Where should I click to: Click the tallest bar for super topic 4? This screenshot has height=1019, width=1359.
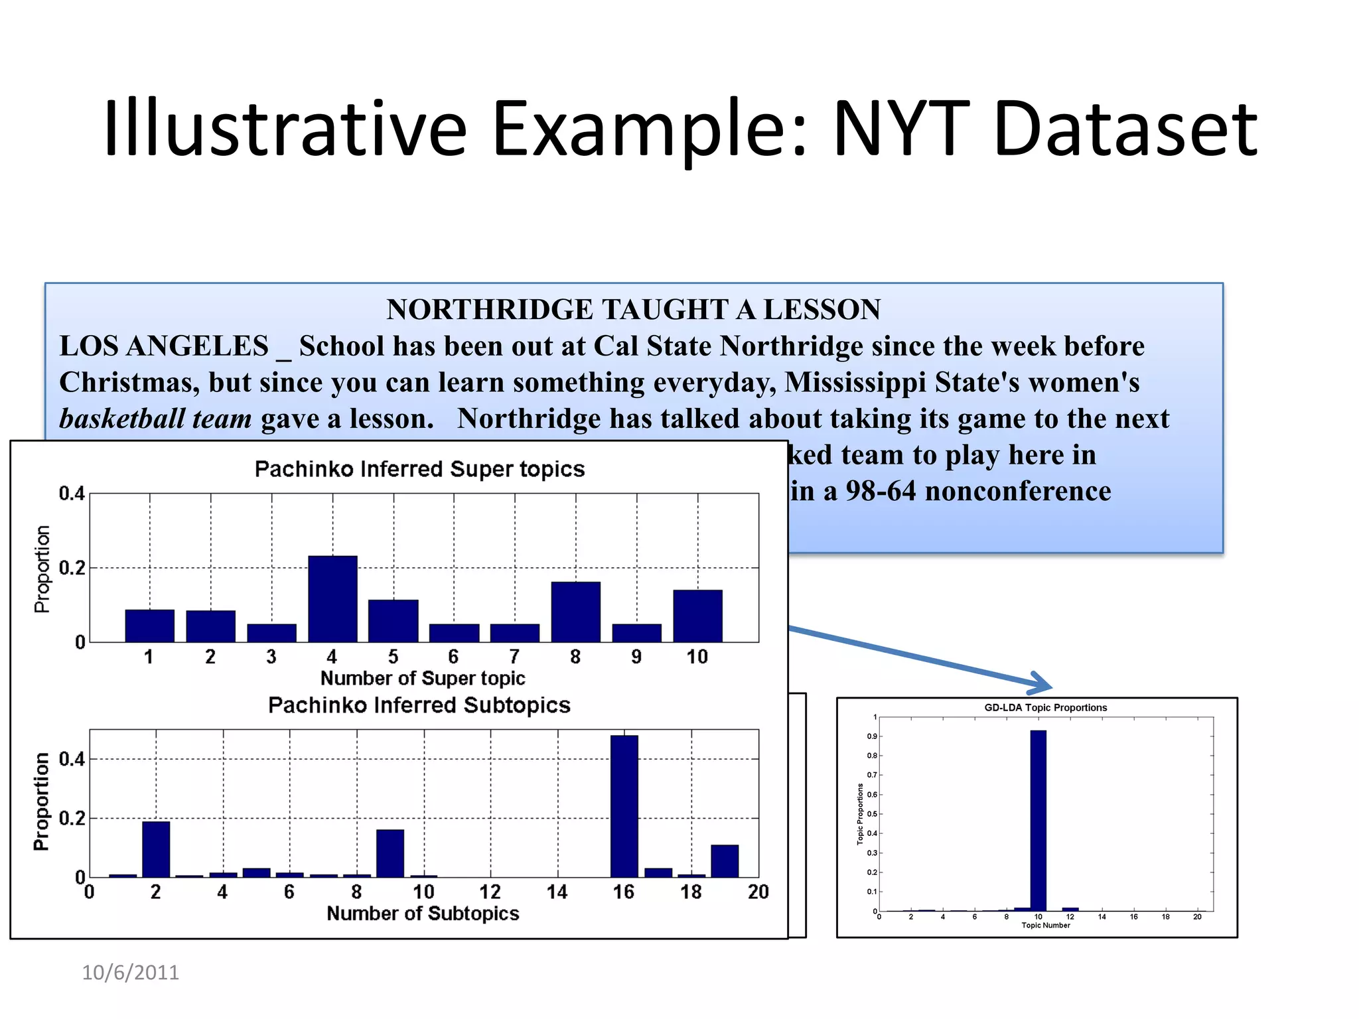point(332,598)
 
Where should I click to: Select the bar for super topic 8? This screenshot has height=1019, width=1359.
point(575,612)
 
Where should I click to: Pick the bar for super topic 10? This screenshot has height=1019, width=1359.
point(697,616)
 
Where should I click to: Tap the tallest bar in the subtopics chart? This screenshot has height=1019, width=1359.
point(624,806)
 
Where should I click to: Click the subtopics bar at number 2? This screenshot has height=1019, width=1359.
point(156,849)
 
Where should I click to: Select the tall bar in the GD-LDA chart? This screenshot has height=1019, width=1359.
point(1038,821)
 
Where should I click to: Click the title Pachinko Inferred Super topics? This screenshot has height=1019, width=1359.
point(419,469)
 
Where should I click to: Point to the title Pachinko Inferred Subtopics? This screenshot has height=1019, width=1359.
point(419,705)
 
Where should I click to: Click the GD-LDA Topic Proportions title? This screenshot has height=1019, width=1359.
point(1045,708)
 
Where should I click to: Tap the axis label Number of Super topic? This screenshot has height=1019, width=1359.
point(423,678)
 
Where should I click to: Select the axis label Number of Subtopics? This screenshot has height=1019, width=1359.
point(423,914)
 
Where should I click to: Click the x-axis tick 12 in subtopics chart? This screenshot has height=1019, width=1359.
point(490,892)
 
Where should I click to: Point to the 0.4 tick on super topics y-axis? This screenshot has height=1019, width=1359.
point(72,494)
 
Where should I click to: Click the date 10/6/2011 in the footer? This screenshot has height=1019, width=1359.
point(130,973)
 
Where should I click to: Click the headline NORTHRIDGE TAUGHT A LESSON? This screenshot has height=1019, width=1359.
point(634,310)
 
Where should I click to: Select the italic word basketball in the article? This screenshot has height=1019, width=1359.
point(122,419)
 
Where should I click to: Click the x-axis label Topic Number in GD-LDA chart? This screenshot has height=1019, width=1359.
point(1045,925)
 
